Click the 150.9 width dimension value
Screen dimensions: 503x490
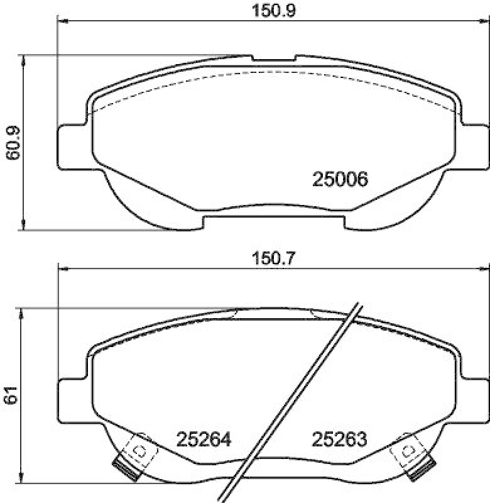(273, 11)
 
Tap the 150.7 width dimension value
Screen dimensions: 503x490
(273, 258)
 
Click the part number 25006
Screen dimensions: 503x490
(339, 179)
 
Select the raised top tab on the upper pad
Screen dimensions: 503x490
(273, 58)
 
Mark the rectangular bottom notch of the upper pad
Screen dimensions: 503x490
(273, 221)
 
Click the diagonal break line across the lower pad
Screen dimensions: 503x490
(294, 402)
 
